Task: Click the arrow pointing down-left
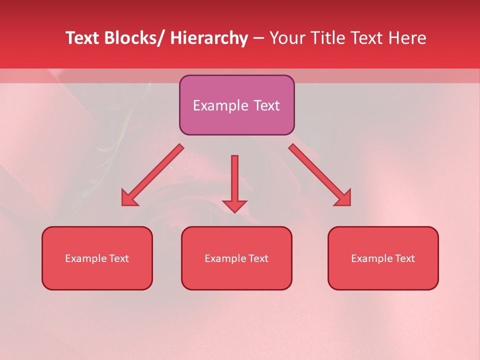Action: coord(152,175)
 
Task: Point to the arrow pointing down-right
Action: coord(319,174)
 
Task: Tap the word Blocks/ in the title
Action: coord(133,38)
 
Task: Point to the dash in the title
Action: coord(258,38)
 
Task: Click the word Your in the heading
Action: coord(287,38)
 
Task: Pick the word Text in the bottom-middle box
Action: coord(258,258)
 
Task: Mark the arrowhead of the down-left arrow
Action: coord(128,198)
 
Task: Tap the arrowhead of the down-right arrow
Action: coord(343,198)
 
